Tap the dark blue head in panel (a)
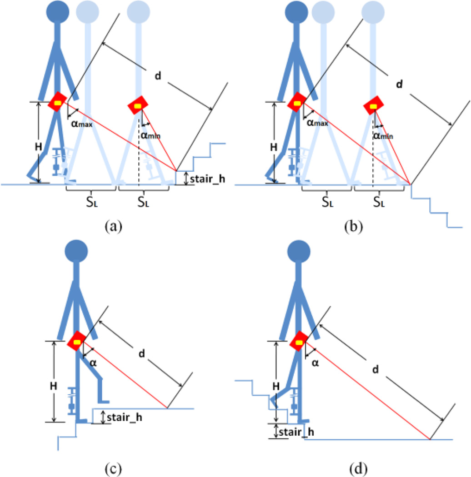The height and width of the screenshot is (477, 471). [x=58, y=12]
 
